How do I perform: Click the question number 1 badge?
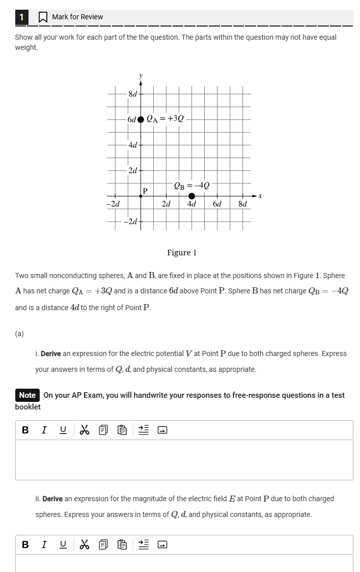(21, 17)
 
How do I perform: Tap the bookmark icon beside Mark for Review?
(43, 17)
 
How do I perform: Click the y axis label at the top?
(141, 75)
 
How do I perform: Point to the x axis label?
(260, 196)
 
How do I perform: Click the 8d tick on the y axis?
(132, 94)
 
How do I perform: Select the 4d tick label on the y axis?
(132, 145)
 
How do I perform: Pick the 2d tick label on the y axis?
(132, 170)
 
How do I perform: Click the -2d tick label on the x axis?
(113, 204)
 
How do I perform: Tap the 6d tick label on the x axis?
(217, 204)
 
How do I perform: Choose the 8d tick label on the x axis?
(242, 204)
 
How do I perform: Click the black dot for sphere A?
(141, 120)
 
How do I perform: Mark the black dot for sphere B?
(191, 196)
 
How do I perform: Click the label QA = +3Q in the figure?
(165, 119)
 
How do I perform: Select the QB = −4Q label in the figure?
(191, 185)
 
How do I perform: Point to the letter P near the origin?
(145, 191)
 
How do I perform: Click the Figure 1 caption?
(182, 253)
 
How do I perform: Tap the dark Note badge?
(27, 395)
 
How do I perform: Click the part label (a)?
(19, 334)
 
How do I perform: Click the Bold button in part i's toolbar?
(25, 430)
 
